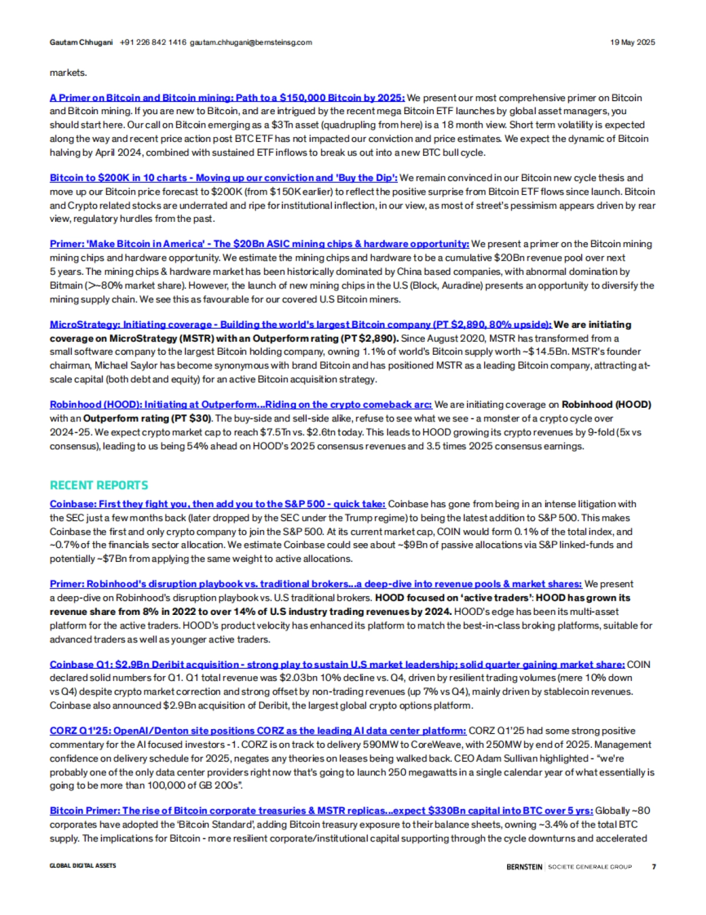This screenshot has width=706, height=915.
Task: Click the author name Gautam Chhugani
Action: pyautogui.click(x=81, y=42)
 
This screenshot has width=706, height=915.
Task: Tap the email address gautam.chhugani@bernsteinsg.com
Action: pyautogui.click(x=251, y=42)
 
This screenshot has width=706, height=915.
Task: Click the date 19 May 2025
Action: pyautogui.click(x=632, y=42)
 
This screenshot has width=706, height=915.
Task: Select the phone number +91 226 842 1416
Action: pyautogui.click(x=153, y=42)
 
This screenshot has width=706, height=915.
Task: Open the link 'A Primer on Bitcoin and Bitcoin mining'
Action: pyautogui.click(x=227, y=98)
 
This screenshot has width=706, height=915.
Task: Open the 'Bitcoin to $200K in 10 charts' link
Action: pyautogui.click(x=224, y=178)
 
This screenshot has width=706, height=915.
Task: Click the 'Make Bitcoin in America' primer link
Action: pyautogui.click(x=259, y=244)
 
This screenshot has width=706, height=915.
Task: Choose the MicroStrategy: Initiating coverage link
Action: pyautogui.click(x=300, y=324)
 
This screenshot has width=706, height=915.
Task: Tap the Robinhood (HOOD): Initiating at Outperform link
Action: pyautogui.click(x=241, y=404)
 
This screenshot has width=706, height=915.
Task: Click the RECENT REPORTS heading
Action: pyautogui.click(x=99, y=485)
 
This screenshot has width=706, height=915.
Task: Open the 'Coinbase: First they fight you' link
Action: pyautogui.click(x=218, y=504)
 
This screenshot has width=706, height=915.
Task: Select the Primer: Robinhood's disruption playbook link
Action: pyautogui.click(x=315, y=584)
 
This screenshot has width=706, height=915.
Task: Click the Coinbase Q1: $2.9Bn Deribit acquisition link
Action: pyautogui.click(x=337, y=664)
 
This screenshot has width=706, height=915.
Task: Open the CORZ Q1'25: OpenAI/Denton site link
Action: pyautogui.click(x=258, y=731)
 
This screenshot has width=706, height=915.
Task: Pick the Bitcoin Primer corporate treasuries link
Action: pyautogui.click(x=321, y=811)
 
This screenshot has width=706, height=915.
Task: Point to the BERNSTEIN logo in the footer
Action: pyautogui.click(x=524, y=866)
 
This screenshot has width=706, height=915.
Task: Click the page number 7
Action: pyautogui.click(x=654, y=866)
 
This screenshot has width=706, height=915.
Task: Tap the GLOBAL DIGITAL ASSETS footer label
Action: pyautogui.click(x=83, y=866)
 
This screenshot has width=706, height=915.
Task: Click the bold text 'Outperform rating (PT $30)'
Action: pyautogui.click(x=148, y=418)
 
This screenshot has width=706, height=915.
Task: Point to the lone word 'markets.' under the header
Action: pyautogui.click(x=68, y=73)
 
